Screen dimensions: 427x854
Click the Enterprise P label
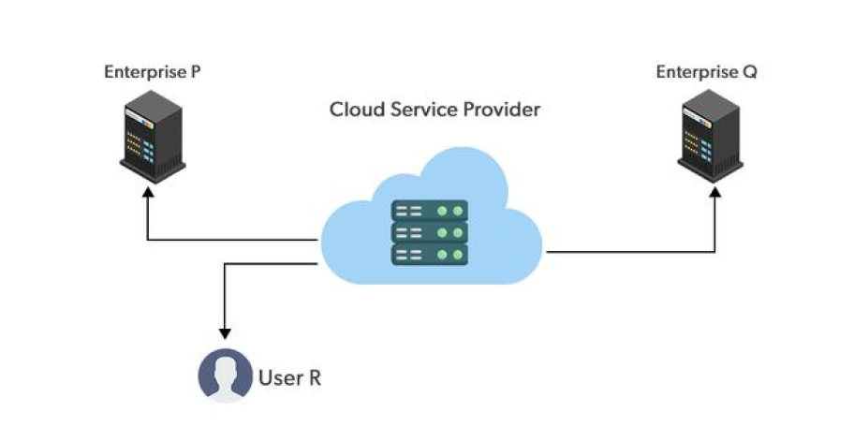coord(152,72)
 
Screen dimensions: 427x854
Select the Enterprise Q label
coord(706,72)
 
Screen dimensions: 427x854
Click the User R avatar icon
coord(225,375)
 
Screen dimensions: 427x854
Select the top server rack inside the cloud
coord(430,212)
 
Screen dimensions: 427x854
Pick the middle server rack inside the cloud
coord(430,232)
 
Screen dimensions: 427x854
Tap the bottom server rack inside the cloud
coord(430,254)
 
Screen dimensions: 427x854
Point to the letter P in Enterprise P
coord(196,72)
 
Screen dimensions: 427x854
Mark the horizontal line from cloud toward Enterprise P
coord(234,241)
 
